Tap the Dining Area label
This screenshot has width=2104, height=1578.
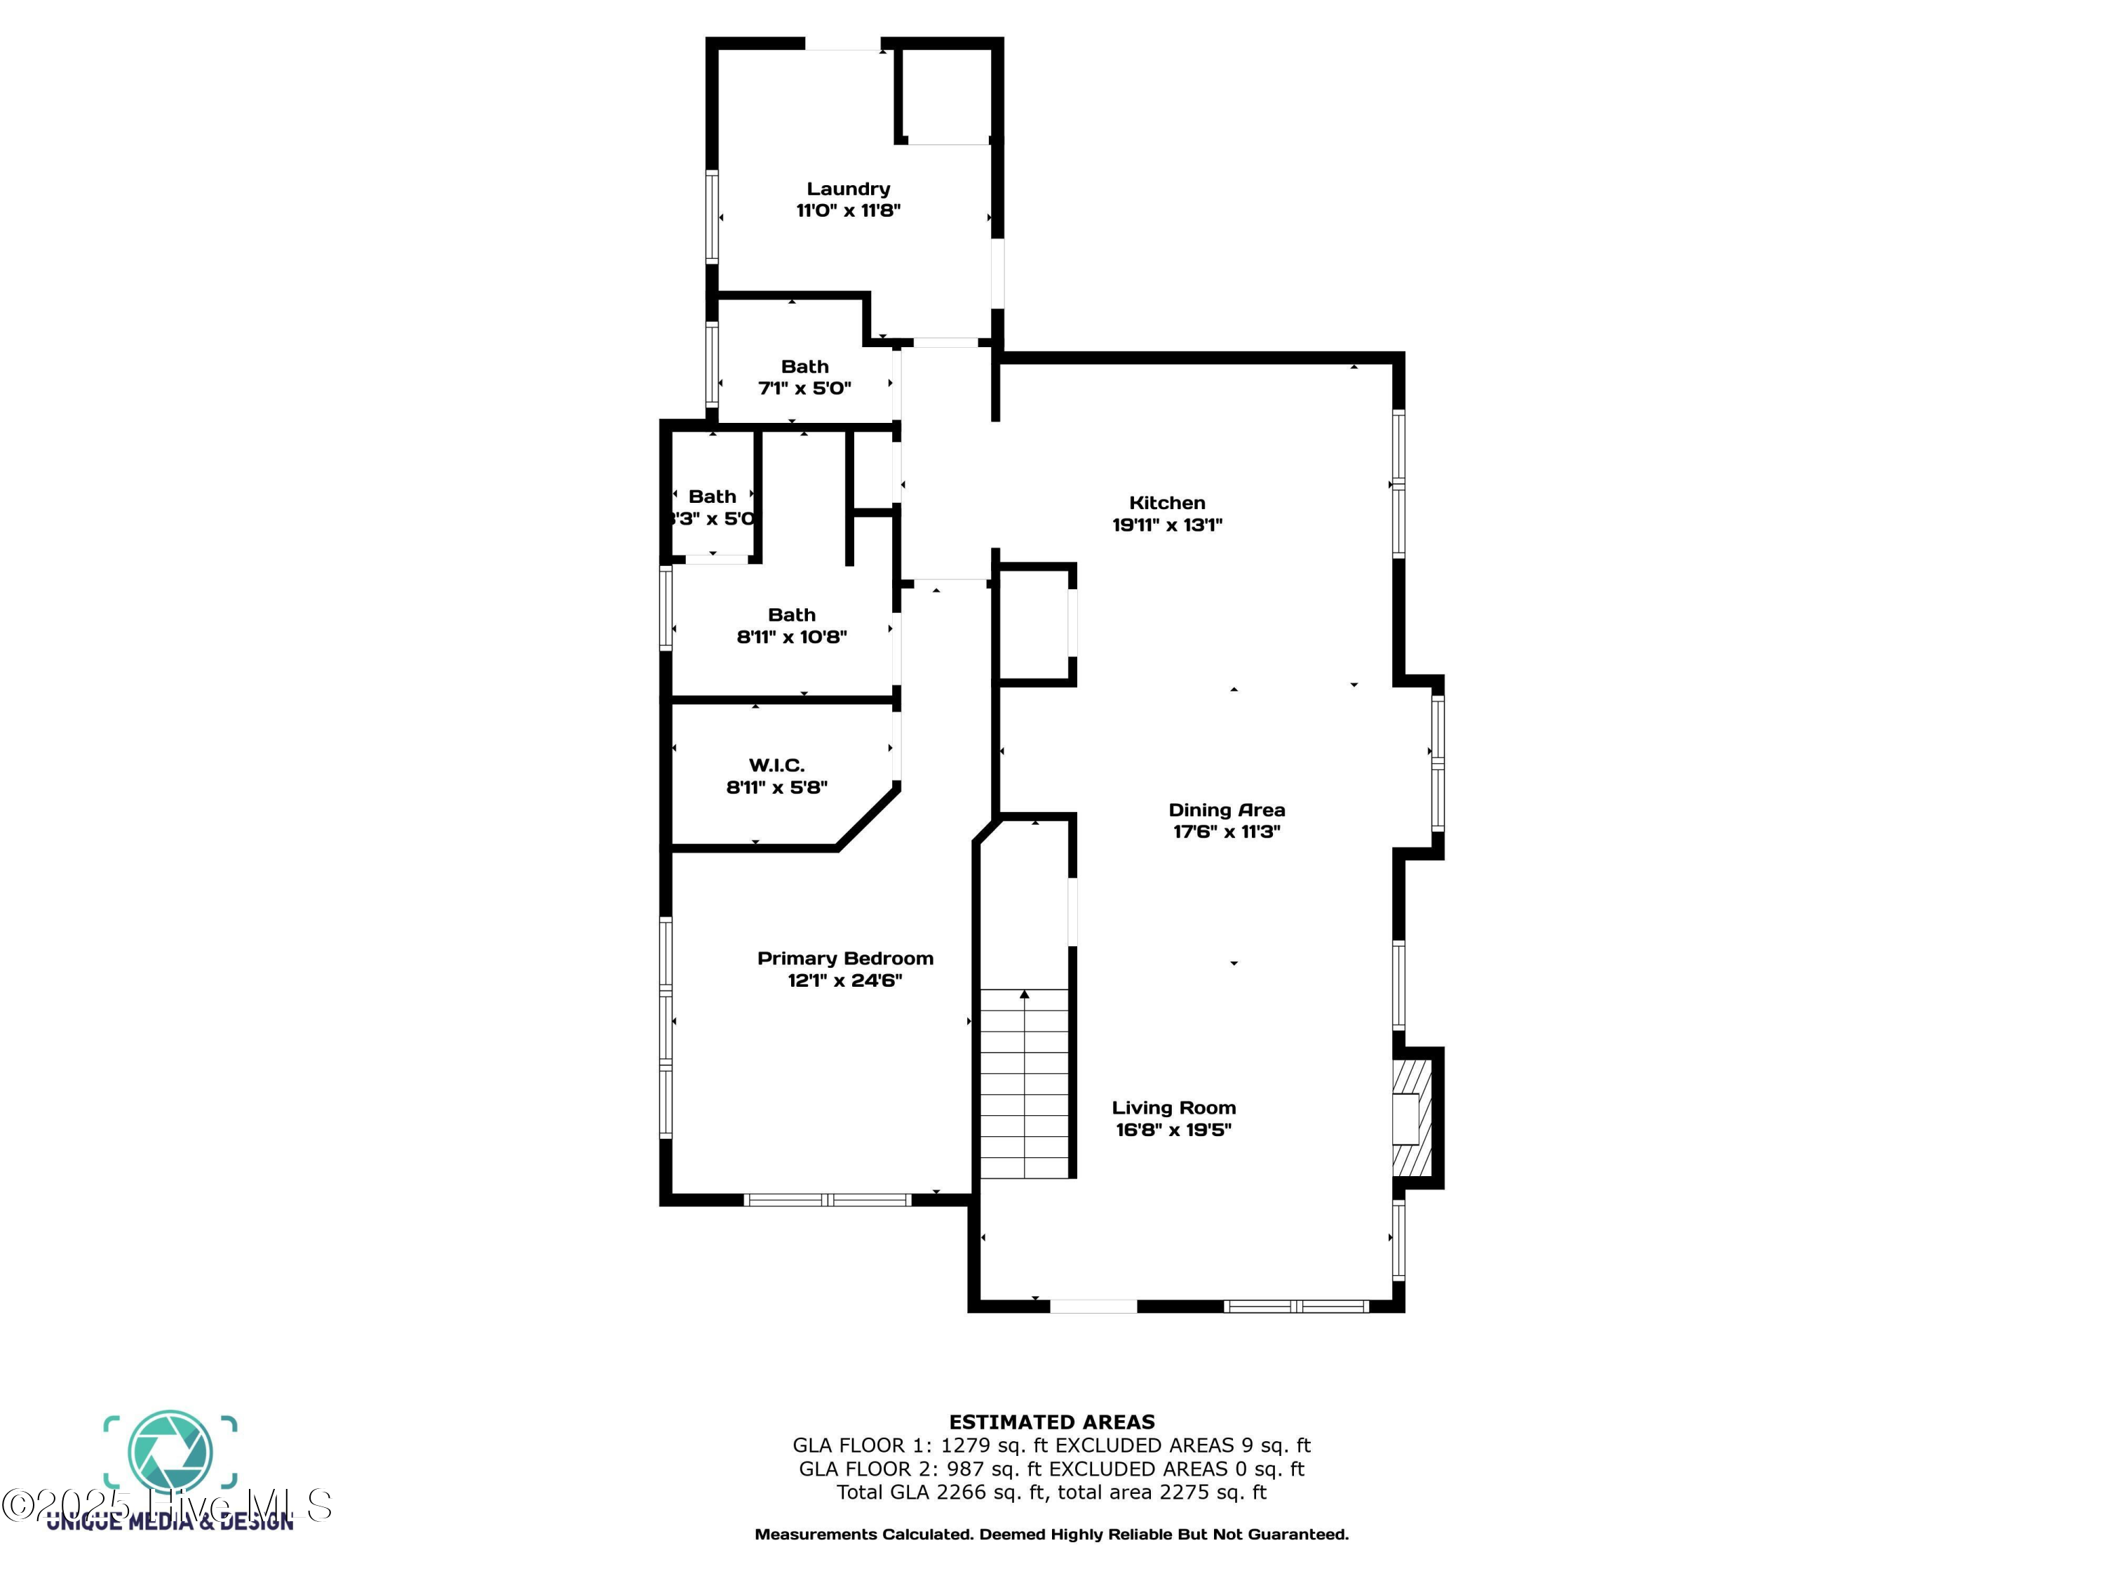click(x=1226, y=811)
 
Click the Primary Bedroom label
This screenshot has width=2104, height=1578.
click(x=844, y=959)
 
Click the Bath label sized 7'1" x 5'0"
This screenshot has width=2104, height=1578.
click(x=804, y=367)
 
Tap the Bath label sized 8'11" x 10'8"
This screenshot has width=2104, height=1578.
click(x=791, y=615)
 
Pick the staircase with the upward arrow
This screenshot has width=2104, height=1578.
click(x=1025, y=1082)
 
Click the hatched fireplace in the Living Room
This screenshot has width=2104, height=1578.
click(x=1412, y=1119)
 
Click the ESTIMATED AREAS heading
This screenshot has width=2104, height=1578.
click(x=1051, y=1422)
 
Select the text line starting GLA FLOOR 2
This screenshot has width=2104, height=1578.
click(x=1051, y=1469)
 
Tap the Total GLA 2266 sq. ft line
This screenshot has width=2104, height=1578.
click(x=1051, y=1492)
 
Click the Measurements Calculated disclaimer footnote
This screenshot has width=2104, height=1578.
click(x=1051, y=1535)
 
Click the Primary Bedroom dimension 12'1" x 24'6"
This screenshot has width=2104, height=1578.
click(x=844, y=980)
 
